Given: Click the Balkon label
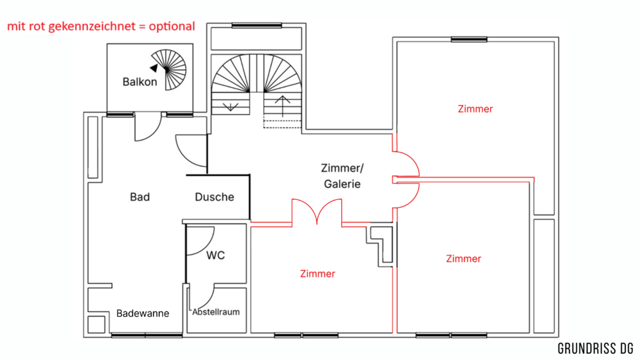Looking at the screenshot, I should tap(140, 83).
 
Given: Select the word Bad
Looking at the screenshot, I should tap(140, 197).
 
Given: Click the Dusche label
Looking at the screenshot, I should tap(215, 197).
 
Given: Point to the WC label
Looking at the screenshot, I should tap(215, 255).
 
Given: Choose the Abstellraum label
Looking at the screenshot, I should tap(216, 312).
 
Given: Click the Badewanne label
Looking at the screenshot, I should tap(143, 313).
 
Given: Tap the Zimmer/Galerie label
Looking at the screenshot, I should tap(343, 176).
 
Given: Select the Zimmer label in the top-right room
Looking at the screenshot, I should tap(475, 109).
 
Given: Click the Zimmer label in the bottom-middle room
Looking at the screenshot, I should tap(317, 274).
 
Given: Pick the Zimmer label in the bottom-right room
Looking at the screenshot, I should tap(464, 259).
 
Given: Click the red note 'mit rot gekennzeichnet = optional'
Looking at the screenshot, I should tap(101, 27).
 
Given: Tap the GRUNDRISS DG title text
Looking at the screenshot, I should tap(595, 349).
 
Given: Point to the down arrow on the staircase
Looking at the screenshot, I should tap(231, 105).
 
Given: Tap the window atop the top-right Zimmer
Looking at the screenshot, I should tap(469, 40).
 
